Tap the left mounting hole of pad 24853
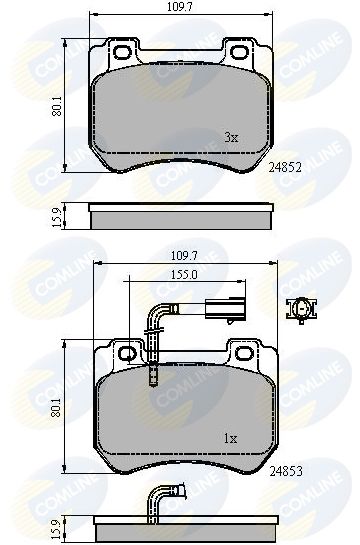point(125,354)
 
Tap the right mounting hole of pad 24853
point(240,354)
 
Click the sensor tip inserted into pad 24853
point(152,377)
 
